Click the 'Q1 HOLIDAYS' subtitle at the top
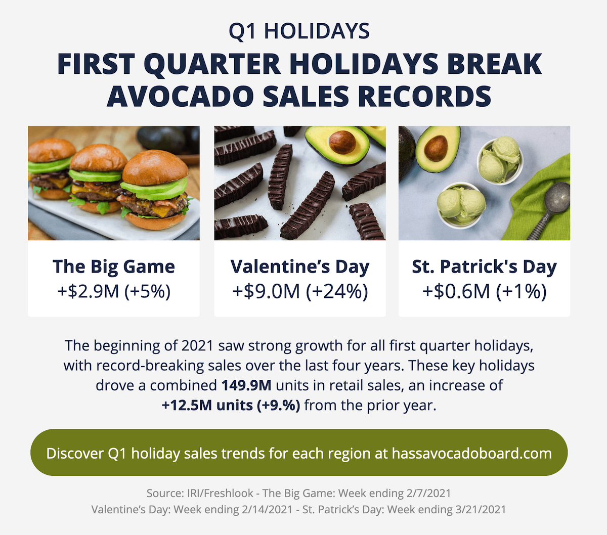[299, 31]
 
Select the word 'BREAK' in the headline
[494, 64]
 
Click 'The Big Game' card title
[113, 266]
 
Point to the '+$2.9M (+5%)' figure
[114, 291]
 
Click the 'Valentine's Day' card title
[299, 266]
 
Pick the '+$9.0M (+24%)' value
[300, 291]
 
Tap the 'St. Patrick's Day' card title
[484, 266]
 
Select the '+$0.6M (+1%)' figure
[485, 291]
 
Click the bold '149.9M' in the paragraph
[246, 385]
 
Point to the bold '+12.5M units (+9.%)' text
[231, 405]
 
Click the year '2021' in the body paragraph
[197, 346]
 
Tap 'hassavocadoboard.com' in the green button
[471, 453]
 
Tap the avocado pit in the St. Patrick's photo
[436, 148]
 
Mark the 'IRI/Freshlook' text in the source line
[220, 493]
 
